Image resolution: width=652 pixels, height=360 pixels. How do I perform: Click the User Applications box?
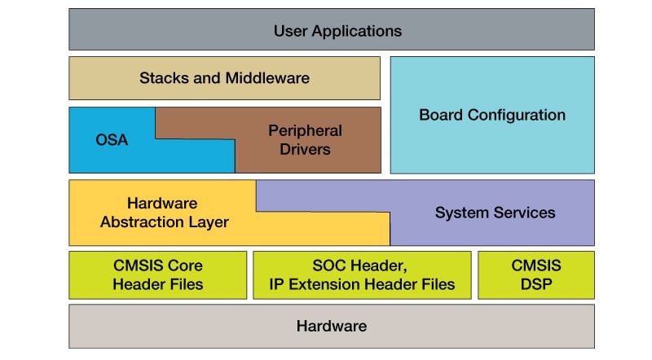point(331,31)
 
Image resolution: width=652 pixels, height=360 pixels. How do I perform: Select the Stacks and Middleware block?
point(224,78)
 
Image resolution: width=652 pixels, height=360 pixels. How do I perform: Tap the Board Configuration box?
point(491,115)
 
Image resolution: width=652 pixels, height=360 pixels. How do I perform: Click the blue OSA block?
point(112,140)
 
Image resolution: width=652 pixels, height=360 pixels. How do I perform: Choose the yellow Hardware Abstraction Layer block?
point(162,213)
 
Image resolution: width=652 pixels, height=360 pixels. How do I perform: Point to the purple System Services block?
point(495,213)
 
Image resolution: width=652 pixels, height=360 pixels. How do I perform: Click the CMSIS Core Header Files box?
point(157,275)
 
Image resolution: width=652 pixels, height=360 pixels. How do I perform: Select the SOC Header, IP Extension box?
point(362,275)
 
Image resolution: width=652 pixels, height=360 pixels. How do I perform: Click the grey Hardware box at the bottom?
point(331,326)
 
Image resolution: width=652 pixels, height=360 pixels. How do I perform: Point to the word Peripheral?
point(305,130)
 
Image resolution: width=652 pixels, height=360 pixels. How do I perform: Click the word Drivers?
point(305,150)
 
